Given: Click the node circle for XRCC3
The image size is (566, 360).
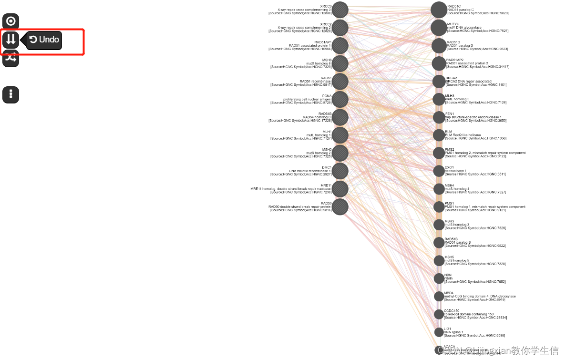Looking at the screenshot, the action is click(340, 10).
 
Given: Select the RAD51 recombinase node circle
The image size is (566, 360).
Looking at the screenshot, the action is click(340, 82).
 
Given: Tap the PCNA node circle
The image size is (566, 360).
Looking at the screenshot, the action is click(340, 99).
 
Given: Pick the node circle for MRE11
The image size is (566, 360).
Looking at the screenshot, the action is click(340, 189).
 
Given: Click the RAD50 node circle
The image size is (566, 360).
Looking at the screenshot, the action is click(340, 206).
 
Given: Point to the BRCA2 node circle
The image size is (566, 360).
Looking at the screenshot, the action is click(439, 82).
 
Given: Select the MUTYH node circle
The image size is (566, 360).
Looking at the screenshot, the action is click(439, 28).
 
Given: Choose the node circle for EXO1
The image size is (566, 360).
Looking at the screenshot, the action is click(439, 171).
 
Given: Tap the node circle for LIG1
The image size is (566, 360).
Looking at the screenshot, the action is click(439, 332).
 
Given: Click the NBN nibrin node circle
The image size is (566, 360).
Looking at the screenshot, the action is click(439, 278).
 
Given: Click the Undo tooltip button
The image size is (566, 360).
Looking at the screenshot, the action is click(44, 40).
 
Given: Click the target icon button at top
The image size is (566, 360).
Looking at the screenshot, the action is click(11, 21).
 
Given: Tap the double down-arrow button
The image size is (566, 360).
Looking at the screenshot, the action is click(11, 40).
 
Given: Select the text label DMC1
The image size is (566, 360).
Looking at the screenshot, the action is click(326, 167).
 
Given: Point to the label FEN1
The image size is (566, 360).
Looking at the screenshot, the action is click(450, 113).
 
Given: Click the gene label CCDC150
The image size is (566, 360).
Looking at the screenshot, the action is click(452, 311).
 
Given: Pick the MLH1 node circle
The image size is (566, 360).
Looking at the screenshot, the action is click(340, 135).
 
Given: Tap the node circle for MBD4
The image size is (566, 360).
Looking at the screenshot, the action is click(439, 296).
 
